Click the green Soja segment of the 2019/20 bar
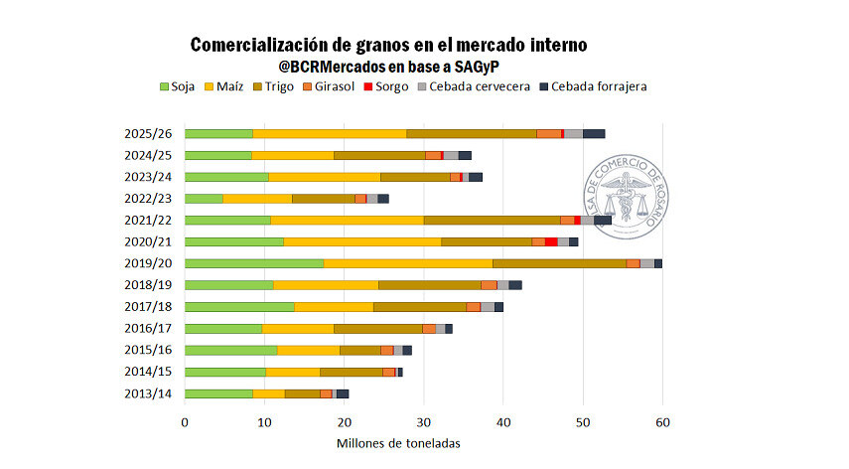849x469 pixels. click(254, 263)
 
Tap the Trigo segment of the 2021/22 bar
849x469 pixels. click(492, 220)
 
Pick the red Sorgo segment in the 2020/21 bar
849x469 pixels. click(551, 241)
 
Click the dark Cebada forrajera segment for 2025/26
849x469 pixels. click(594, 133)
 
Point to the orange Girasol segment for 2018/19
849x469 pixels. click(489, 285)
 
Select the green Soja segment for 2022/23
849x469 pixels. click(204, 199)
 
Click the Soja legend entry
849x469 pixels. click(177, 86)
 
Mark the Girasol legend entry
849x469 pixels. click(336, 86)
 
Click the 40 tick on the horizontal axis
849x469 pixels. click(503, 422)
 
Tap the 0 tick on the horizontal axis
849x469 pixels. click(185, 422)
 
